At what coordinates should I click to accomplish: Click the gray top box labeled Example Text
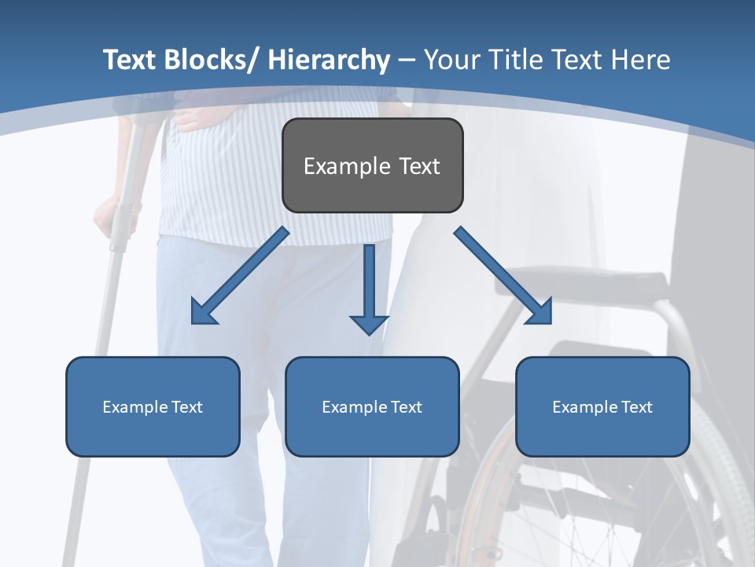372,165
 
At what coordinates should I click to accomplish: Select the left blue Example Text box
153,406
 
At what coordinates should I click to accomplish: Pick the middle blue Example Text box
372,406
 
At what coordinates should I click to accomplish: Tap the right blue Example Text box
602,406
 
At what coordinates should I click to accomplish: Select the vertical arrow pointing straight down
369,287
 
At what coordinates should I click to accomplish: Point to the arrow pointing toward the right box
503,276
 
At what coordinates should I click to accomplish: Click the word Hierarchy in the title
329,60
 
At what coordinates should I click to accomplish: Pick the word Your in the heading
451,60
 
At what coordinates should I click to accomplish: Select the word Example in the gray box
336,166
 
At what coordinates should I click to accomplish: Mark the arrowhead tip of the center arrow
369,334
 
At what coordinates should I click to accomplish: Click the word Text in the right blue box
635,406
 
